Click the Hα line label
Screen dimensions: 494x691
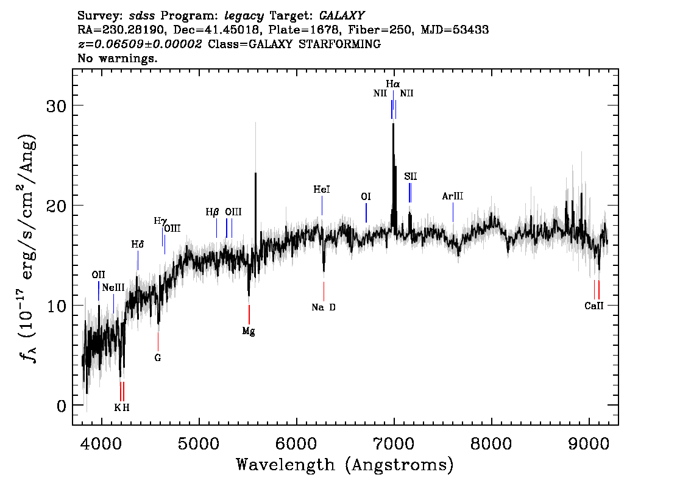393,83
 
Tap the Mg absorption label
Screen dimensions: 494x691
249,332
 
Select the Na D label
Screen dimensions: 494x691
324,307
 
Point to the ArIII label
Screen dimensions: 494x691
453,196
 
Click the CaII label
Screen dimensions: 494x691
594,306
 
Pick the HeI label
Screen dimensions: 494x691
322,190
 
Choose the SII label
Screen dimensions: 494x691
410,176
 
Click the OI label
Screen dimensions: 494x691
366,196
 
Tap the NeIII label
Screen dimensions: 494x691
113,287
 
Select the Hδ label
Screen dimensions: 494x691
138,245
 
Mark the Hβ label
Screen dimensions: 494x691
212,212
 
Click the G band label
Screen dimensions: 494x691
158,357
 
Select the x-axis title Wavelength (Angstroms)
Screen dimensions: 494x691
345,465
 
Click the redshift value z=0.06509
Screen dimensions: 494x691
140,45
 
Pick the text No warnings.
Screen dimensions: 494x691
118,59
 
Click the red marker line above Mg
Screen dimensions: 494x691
249,314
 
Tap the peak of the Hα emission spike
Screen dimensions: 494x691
393,124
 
